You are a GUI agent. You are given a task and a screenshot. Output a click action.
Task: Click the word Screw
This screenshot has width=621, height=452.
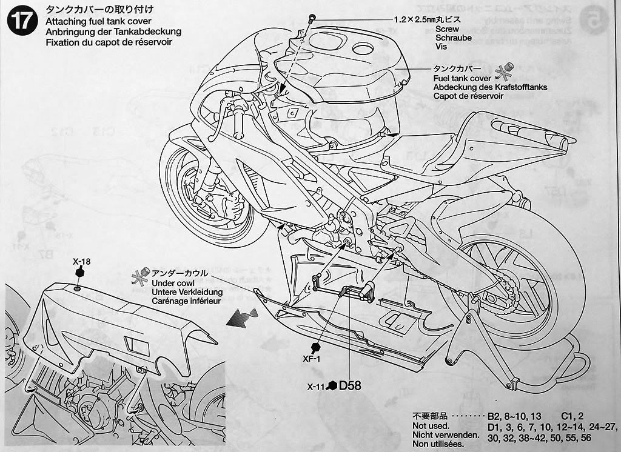448,28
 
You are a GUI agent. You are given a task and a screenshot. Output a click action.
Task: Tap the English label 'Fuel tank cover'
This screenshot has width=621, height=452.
462,79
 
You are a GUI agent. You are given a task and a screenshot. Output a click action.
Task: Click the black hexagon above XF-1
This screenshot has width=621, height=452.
315,347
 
